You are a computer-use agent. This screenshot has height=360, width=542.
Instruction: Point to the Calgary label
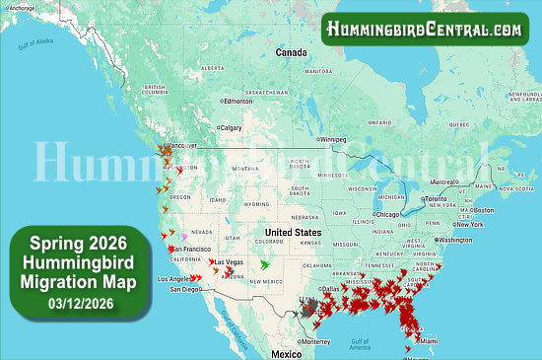(x=231, y=127)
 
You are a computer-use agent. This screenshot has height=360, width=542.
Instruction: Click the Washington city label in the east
(x=455, y=240)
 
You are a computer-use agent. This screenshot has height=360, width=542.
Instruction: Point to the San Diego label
(x=185, y=289)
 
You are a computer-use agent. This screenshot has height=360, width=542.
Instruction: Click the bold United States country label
(x=295, y=233)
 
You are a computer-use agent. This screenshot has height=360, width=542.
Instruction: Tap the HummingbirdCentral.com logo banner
(x=426, y=29)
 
